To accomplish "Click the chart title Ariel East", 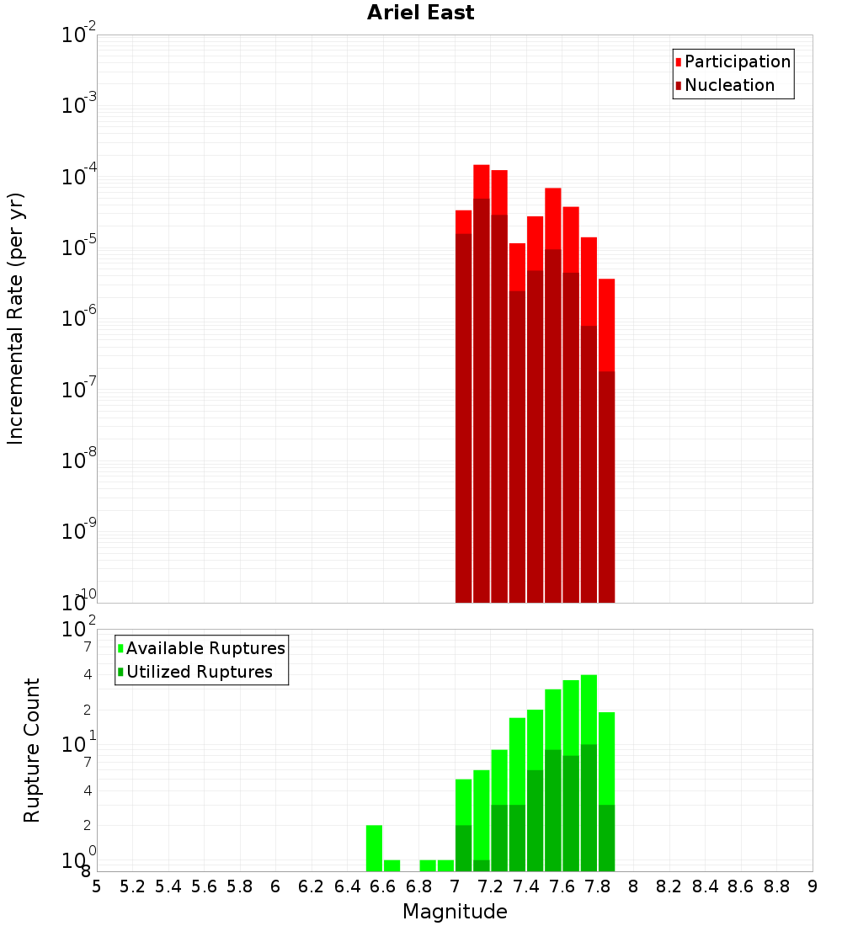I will [x=420, y=13].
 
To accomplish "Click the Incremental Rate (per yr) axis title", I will [x=15, y=318].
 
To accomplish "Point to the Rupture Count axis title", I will [x=32, y=750].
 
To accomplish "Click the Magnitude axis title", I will [x=455, y=912].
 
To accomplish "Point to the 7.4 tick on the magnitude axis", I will [x=526, y=886].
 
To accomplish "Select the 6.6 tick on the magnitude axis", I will [x=383, y=886].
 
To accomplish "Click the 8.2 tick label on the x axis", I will [x=669, y=886].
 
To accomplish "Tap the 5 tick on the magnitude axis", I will [x=97, y=886].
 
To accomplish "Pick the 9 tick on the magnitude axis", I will [x=813, y=886].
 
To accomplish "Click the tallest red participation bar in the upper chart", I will [x=482, y=181].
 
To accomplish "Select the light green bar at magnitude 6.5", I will [x=374, y=848].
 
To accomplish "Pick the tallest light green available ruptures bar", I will [x=589, y=707].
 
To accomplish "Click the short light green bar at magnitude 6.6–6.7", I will [x=392, y=865].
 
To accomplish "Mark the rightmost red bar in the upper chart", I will [x=606, y=324].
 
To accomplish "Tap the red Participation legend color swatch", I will [x=678, y=61].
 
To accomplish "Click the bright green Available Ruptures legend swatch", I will [x=120, y=648].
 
